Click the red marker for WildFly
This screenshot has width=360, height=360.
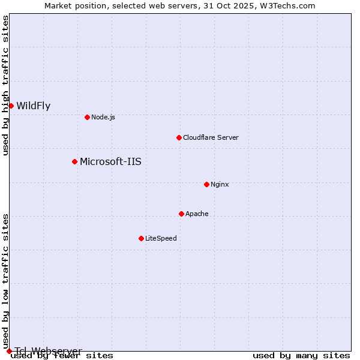11,106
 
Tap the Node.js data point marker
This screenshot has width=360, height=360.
87,117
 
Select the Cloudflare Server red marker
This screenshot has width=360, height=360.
179,137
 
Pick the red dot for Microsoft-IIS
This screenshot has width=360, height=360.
74,161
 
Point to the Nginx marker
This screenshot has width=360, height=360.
206,184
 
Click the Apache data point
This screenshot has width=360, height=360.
181,214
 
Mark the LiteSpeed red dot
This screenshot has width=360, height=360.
141,238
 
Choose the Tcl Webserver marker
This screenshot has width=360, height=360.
9,351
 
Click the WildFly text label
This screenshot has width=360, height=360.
33,106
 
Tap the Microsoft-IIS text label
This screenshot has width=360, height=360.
110,161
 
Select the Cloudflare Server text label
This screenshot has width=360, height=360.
211,137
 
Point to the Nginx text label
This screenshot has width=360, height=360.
220,184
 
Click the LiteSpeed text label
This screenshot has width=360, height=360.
161,238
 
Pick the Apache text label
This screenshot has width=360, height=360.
197,214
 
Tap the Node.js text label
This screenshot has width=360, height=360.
103,117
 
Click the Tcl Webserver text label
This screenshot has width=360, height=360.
48,351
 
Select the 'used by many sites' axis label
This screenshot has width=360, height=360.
301,356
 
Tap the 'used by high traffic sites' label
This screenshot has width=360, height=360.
6,86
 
